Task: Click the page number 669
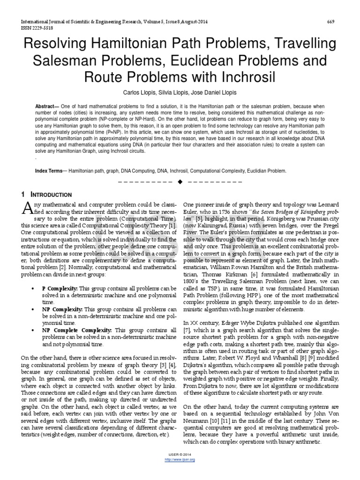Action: [x=330, y=22]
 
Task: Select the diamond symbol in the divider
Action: [x=180, y=181]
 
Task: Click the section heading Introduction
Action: [x=51, y=195]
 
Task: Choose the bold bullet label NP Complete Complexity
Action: [x=77, y=330]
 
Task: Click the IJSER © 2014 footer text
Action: [x=180, y=455]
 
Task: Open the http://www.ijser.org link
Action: [x=180, y=459]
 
